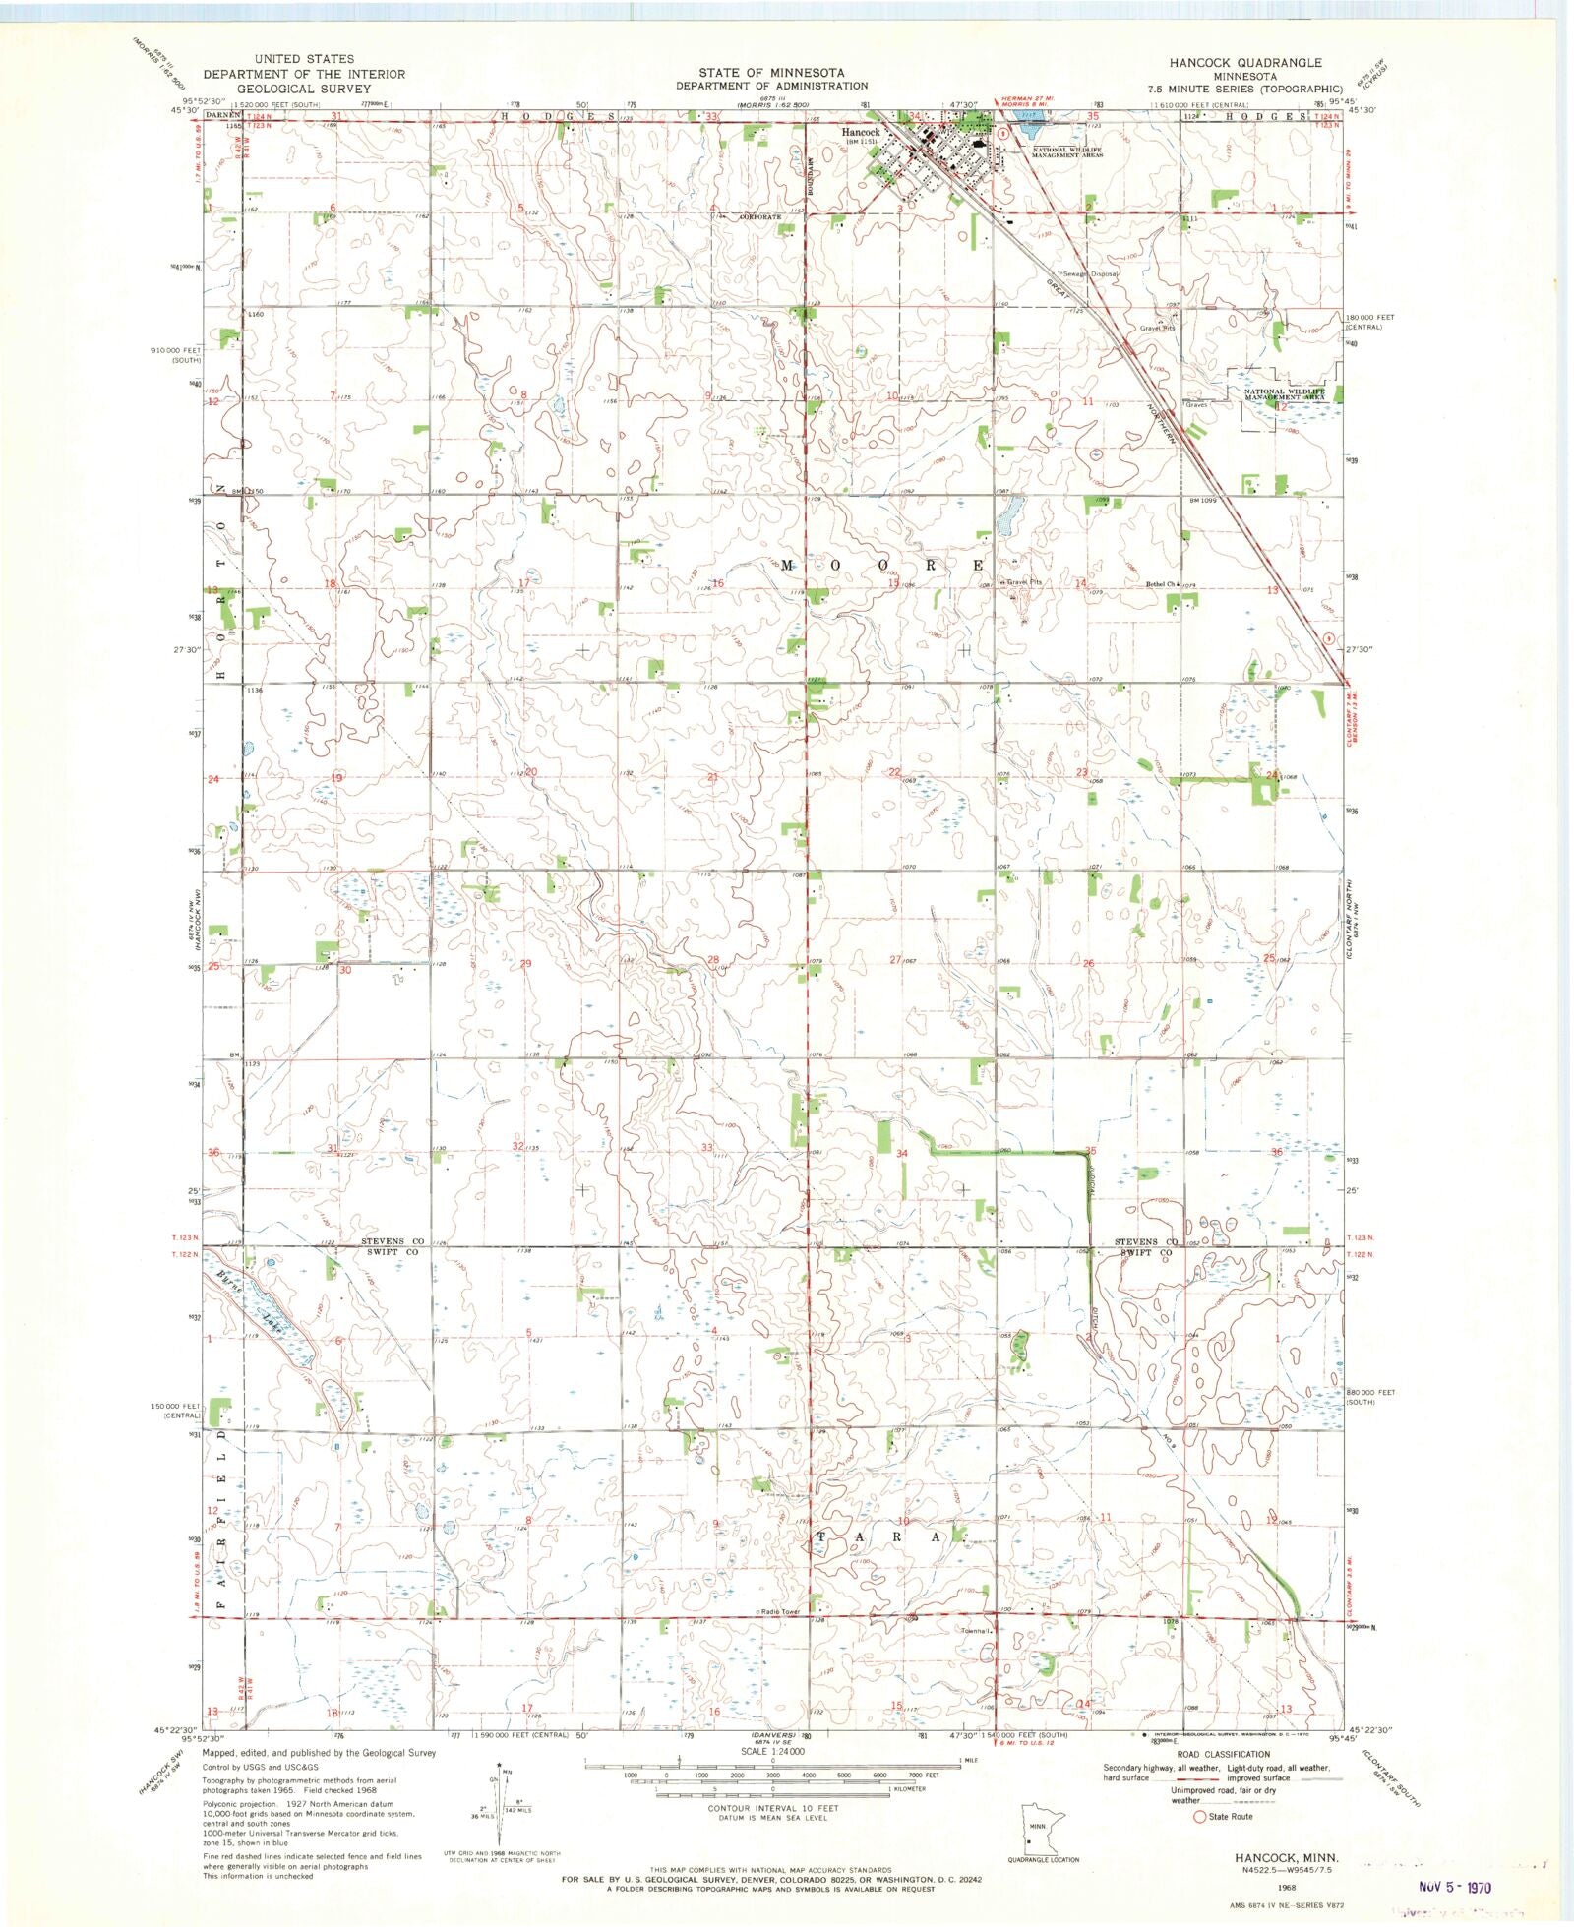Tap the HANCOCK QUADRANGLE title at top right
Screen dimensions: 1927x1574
coord(1244,62)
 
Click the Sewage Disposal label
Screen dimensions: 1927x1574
coord(1089,274)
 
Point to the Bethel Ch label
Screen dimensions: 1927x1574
coord(1161,584)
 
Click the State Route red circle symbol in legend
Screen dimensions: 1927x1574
coord(1199,1817)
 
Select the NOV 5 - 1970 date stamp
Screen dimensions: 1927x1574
coord(1455,1887)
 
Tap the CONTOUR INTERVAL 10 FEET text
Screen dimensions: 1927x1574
coord(772,1808)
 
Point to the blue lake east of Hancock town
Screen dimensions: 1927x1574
coord(1031,128)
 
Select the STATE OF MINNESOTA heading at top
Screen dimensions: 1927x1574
coord(771,73)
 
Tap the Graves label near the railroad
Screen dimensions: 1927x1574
coord(1195,405)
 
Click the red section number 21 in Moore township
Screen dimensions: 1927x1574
coord(713,777)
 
